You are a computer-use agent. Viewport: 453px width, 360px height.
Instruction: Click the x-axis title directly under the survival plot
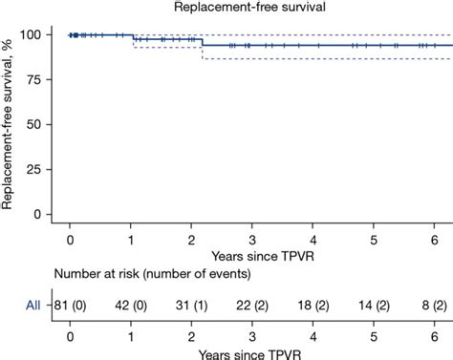click(252, 256)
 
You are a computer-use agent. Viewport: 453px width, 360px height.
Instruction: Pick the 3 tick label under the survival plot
click(252, 239)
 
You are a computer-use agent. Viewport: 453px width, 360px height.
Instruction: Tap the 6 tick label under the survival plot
click(435, 239)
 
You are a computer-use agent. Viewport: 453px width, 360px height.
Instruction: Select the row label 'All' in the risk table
click(32, 305)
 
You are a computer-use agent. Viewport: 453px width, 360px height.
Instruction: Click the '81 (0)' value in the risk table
click(72, 305)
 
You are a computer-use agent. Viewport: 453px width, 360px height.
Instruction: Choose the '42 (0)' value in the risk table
click(132, 305)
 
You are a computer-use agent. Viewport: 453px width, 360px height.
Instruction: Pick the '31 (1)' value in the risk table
click(192, 305)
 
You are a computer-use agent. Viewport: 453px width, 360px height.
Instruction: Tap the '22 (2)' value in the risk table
click(252, 305)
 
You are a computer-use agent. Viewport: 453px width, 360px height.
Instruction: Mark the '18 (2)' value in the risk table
click(313, 305)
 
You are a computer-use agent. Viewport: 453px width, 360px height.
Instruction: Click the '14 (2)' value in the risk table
click(374, 305)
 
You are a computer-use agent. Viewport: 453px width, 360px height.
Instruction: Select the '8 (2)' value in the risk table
click(435, 305)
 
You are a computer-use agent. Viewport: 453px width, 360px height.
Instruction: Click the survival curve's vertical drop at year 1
click(132, 37)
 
